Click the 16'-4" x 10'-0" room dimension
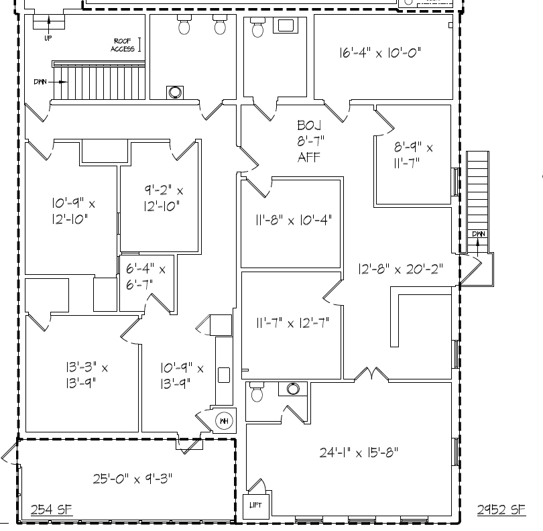380,53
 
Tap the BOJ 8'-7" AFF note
309,141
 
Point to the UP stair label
48,38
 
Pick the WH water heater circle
223,421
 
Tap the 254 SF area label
52,511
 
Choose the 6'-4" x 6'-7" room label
145,276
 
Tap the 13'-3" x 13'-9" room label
78,375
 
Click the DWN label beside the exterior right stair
478,233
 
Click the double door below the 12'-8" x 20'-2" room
367,373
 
